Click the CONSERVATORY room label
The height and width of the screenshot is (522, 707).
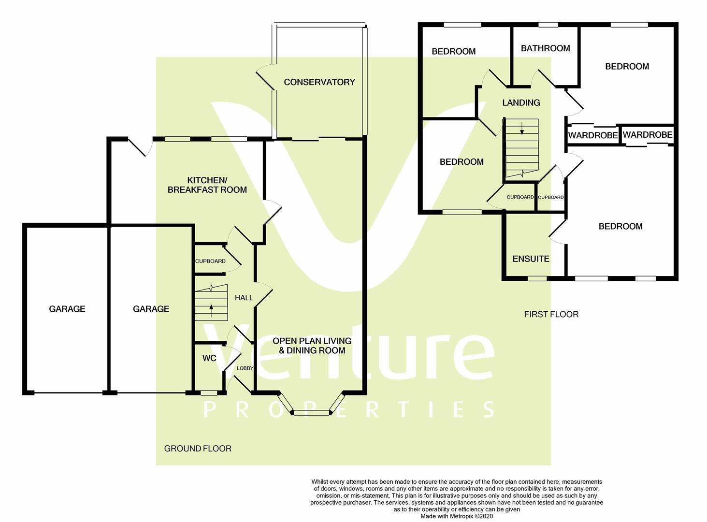tap(319, 82)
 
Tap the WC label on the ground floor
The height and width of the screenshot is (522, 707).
tap(209, 358)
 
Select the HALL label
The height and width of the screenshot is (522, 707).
tap(244, 298)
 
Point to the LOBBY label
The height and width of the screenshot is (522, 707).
tap(245, 368)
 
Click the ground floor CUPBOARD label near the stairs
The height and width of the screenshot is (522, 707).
tap(210, 261)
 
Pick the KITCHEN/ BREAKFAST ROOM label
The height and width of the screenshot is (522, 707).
tap(207, 185)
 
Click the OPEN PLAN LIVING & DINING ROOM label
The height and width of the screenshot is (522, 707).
tap(312, 346)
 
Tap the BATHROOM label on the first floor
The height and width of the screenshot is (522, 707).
tap(545, 48)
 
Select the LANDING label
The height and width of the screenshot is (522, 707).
tap(521, 102)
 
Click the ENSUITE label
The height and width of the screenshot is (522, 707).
tap(531, 259)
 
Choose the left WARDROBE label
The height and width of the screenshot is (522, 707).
tap(593, 135)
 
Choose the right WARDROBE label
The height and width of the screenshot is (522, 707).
tap(647, 135)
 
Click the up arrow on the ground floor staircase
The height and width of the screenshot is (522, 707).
tap(211, 308)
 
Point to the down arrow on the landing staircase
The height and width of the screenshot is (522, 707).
tap(522, 129)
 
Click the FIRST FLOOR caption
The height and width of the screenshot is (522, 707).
tap(551, 314)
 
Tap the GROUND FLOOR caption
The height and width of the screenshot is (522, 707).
tap(198, 449)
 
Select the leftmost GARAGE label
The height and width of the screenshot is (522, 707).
tap(67, 309)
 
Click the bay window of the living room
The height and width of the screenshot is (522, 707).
tap(312, 412)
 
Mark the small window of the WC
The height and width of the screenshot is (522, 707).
tap(209, 393)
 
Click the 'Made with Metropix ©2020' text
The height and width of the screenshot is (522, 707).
tap(457, 516)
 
